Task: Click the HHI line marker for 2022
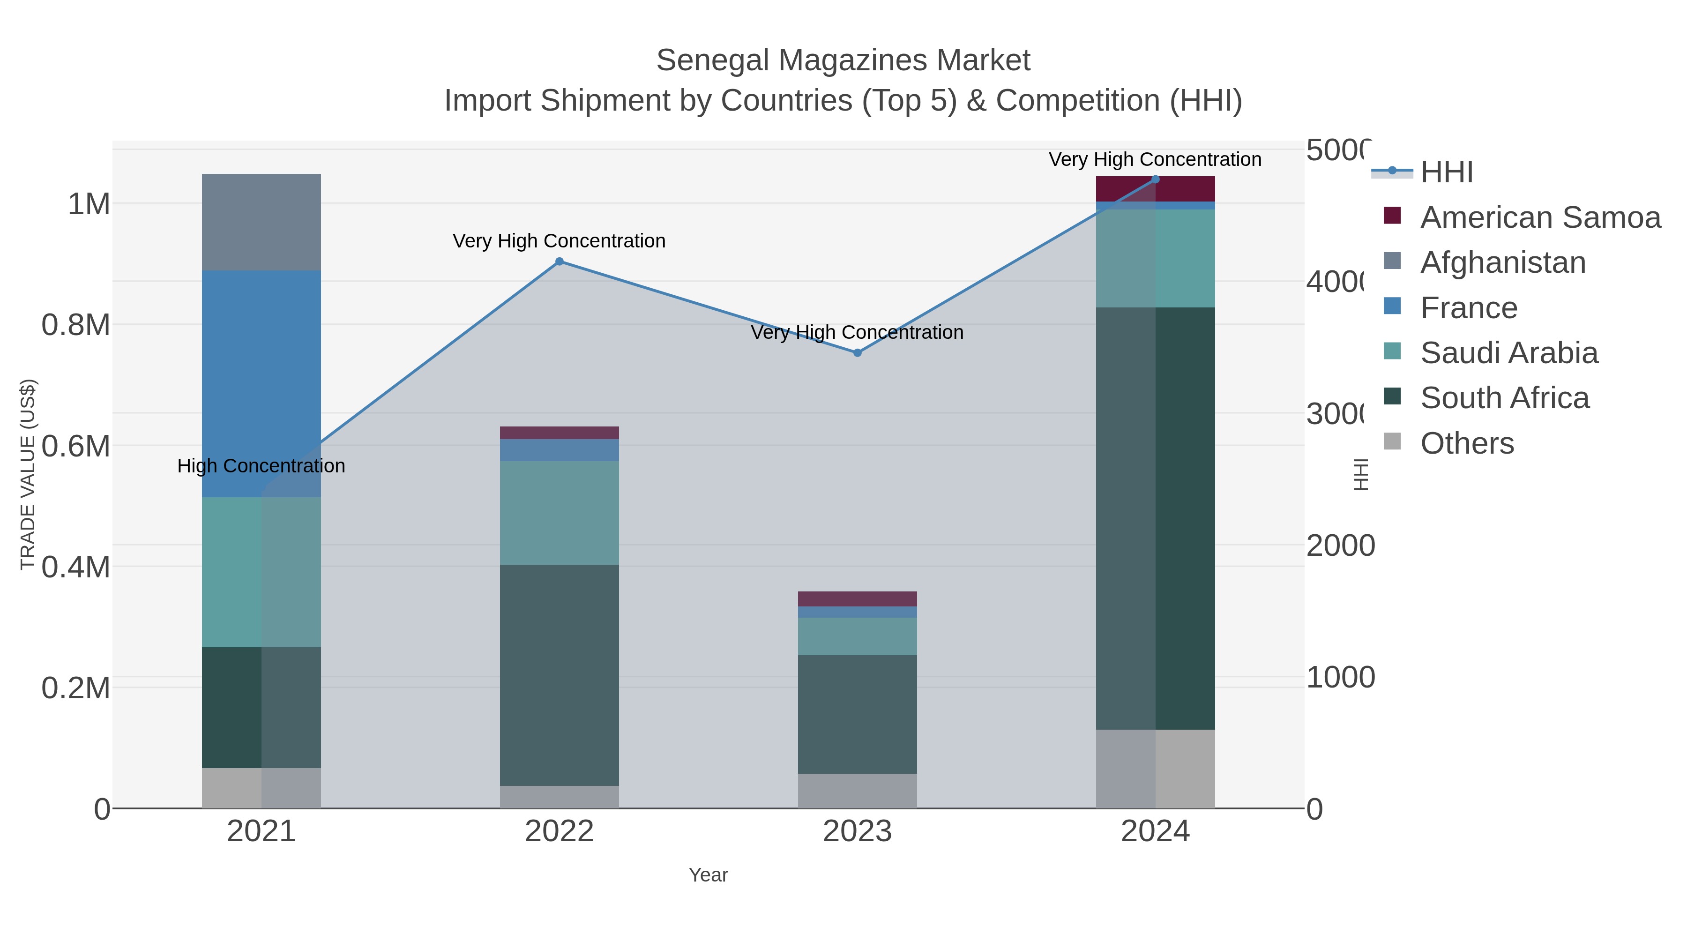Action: coord(559,262)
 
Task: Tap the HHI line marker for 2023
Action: coord(857,353)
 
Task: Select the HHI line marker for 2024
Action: coord(1155,179)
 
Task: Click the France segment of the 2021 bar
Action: coord(261,383)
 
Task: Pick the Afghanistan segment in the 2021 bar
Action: coord(261,222)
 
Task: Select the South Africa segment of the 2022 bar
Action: coord(559,674)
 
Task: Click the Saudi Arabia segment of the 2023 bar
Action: coord(857,636)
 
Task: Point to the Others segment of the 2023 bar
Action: coord(857,791)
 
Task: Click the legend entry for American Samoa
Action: coord(1540,217)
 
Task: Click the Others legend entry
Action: coord(1467,443)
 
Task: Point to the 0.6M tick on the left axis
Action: coord(76,447)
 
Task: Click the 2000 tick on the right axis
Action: coord(1340,545)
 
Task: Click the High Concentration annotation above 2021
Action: coord(261,466)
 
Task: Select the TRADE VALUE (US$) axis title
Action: coord(28,474)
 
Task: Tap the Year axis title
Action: coord(708,875)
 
